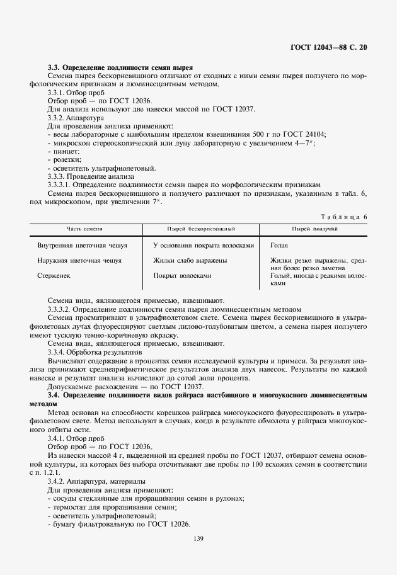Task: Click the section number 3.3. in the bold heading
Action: pyautogui.click(x=55, y=67)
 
